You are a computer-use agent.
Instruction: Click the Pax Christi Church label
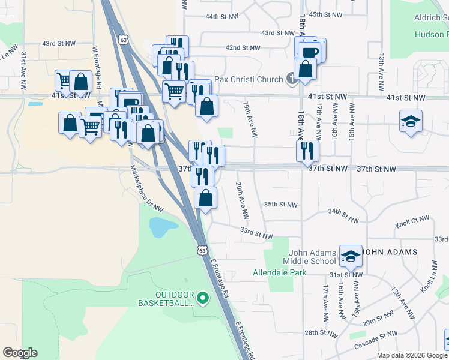click(x=248, y=79)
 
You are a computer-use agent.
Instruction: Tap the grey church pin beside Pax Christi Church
click(x=292, y=79)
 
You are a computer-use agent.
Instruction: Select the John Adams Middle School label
click(x=313, y=257)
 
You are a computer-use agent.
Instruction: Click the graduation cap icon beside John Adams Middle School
click(x=350, y=256)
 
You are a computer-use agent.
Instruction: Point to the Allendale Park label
click(x=280, y=272)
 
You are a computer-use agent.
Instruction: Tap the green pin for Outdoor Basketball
click(x=203, y=297)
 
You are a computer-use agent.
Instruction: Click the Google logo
click(x=20, y=353)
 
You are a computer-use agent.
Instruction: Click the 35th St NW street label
click(x=281, y=205)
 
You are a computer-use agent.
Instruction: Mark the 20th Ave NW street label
click(x=242, y=200)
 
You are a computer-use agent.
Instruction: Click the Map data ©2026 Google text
click(x=412, y=355)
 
